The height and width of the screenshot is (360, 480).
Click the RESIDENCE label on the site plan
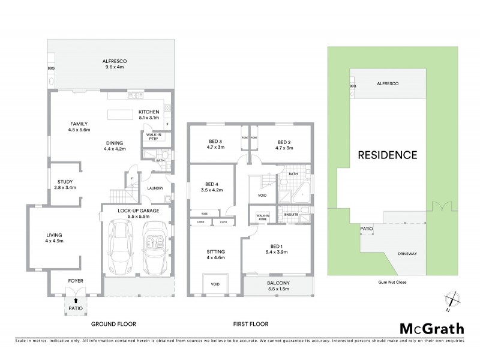coord(387,155)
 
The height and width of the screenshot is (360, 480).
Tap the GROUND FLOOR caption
coord(113,324)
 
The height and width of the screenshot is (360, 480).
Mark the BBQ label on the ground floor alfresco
coord(51,68)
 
